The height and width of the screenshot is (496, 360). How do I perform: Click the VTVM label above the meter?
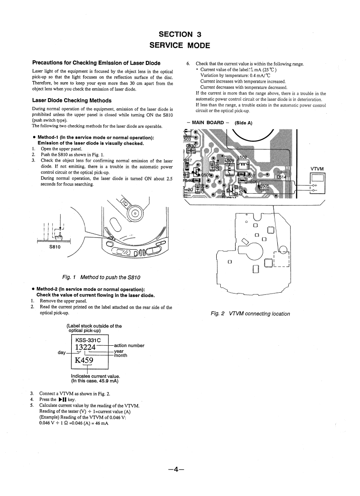[x=318, y=169]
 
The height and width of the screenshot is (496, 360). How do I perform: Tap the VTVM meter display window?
[x=318, y=179]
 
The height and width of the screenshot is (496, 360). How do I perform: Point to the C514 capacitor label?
[x=282, y=177]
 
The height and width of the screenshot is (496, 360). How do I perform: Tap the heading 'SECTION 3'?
[x=180, y=34]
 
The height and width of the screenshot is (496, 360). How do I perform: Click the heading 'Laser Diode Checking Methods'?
[x=72, y=100]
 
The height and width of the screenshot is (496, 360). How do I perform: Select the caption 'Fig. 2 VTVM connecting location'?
[x=251, y=314]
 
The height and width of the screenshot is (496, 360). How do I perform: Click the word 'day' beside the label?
[x=62, y=352]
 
